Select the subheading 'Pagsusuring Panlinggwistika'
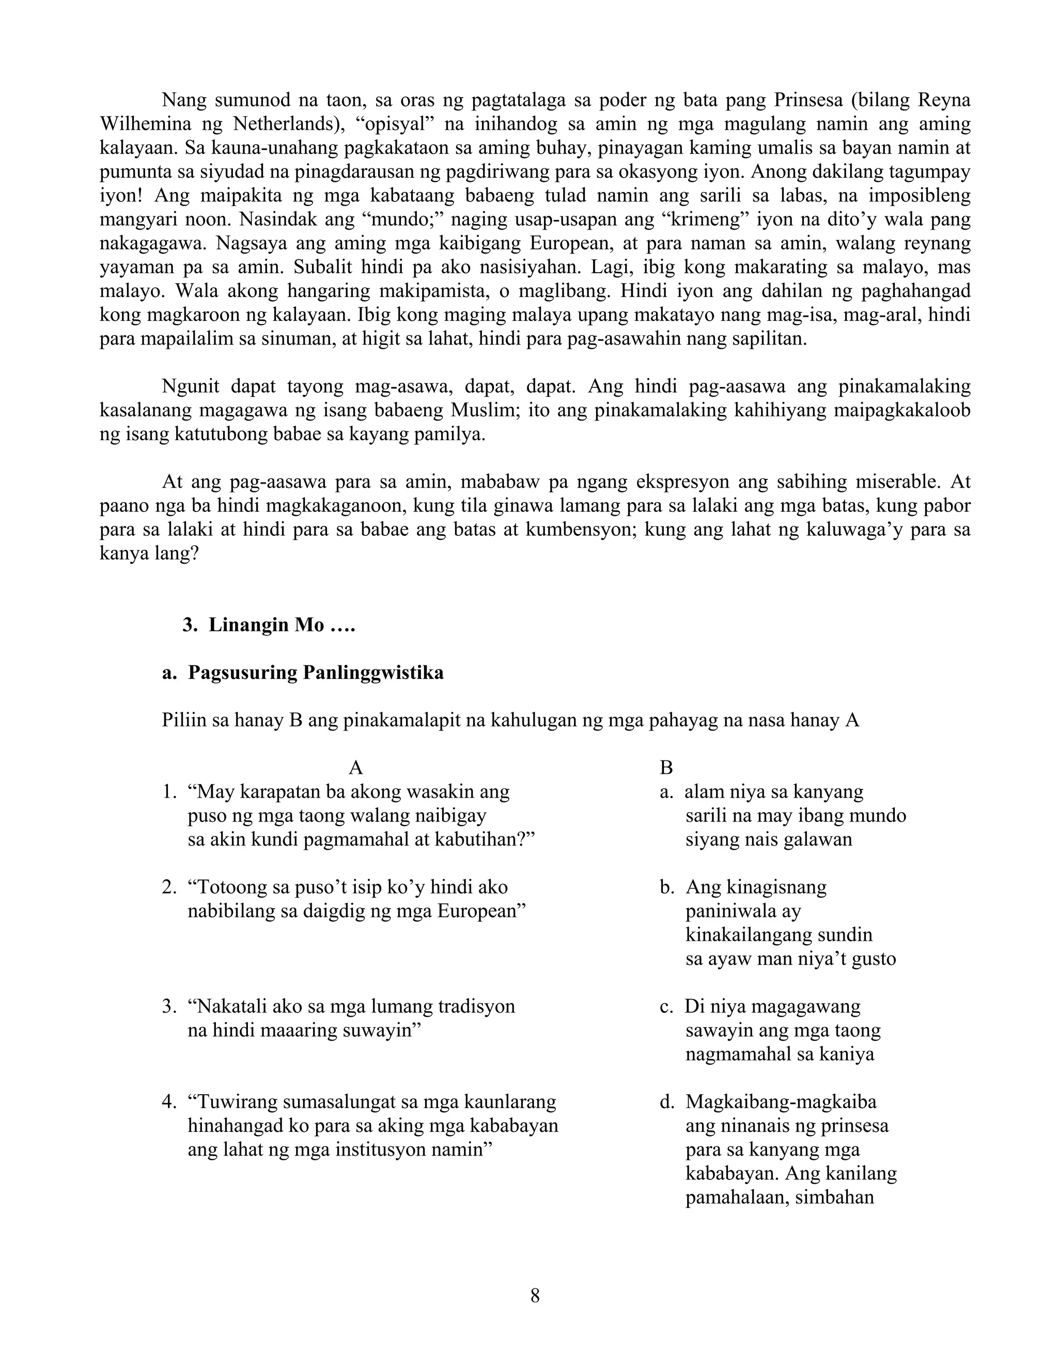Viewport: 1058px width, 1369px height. (316, 673)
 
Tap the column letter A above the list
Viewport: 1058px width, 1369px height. (355, 768)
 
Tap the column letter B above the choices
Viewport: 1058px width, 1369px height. (666, 768)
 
